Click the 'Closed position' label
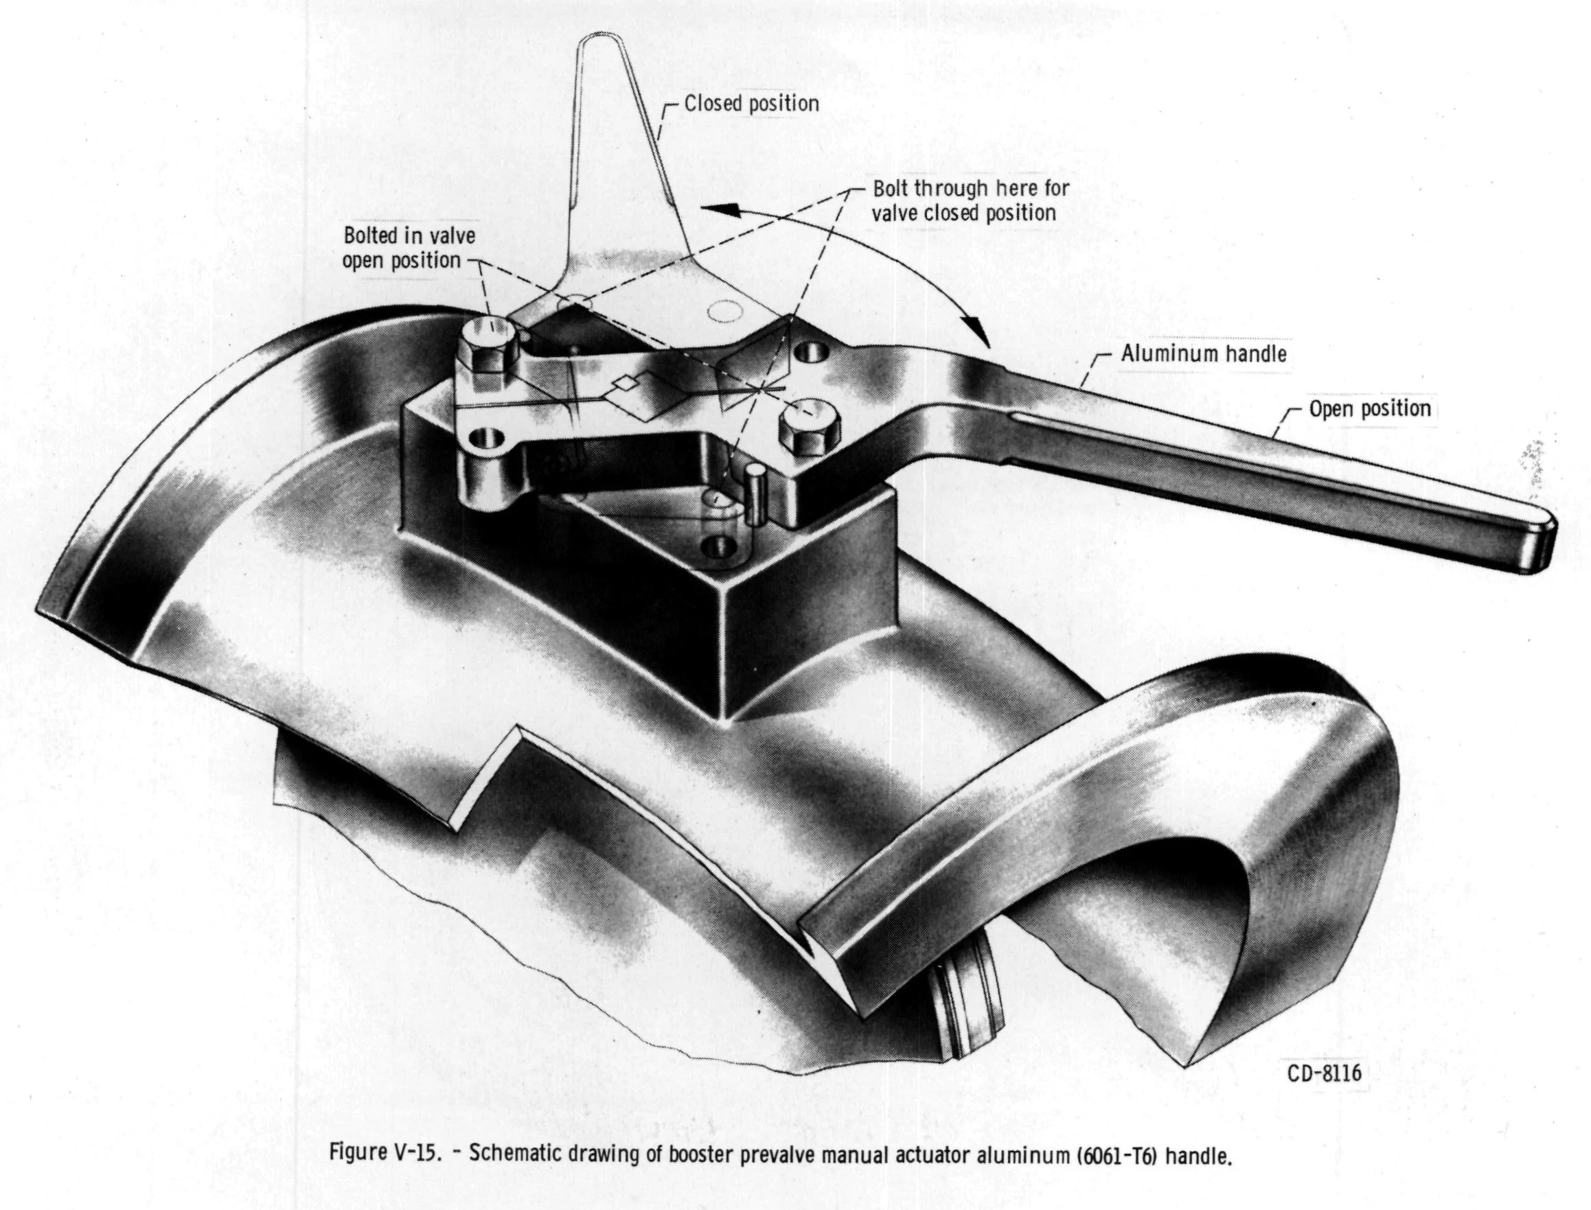coord(751,104)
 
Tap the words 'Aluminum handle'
coord(1202,353)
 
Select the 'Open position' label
coord(1369,409)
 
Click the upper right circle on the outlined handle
coord(725,311)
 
